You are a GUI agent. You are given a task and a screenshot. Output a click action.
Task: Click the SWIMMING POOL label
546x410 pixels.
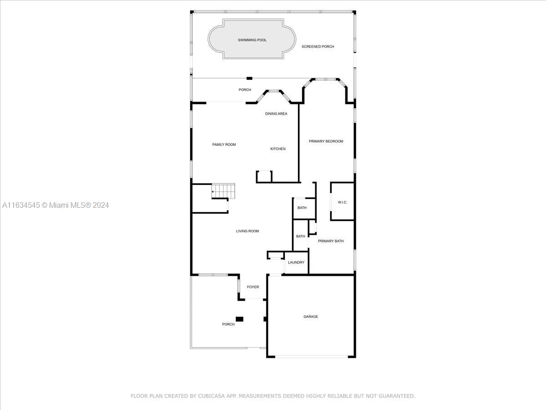[252, 40]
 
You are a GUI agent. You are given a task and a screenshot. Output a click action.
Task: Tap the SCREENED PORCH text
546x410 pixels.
[318, 46]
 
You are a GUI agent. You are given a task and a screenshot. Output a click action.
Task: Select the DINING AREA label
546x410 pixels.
[276, 114]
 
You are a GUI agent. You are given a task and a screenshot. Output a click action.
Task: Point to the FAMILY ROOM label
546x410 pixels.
[224, 144]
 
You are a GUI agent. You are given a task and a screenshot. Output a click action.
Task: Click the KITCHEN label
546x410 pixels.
[278, 149]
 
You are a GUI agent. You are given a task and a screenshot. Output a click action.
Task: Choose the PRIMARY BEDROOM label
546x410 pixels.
[326, 141]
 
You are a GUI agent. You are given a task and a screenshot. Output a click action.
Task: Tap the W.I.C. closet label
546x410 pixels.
[342, 202]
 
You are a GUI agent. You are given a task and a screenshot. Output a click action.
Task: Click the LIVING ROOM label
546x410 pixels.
[247, 231]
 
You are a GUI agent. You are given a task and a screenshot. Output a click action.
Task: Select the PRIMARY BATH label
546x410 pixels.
[331, 241]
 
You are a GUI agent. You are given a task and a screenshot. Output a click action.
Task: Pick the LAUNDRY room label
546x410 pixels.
[296, 263]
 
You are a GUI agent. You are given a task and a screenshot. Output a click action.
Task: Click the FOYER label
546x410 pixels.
[253, 287]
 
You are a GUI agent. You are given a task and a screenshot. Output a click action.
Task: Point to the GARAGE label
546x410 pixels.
[311, 317]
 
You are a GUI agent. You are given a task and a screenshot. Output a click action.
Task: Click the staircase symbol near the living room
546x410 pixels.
[223, 191]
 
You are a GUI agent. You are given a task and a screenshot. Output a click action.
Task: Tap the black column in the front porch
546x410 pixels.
[239, 319]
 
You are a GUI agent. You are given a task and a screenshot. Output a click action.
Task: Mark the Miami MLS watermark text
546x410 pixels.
[56, 205]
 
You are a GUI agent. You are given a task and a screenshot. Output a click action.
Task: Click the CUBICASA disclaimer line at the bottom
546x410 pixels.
[273, 396]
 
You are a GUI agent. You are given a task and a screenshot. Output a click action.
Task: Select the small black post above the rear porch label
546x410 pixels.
[249, 78]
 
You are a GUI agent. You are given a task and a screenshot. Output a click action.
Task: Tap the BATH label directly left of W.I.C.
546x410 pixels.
[302, 208]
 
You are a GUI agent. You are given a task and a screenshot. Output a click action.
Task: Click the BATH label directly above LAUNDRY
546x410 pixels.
[300, 236]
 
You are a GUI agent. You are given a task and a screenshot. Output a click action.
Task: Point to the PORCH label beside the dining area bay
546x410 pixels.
[245, 90]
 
